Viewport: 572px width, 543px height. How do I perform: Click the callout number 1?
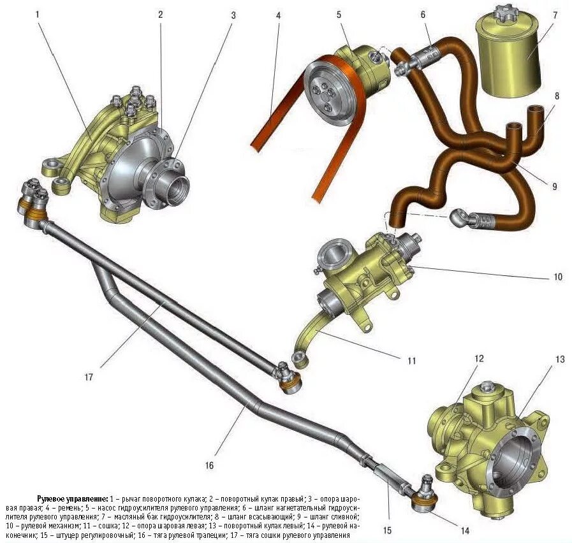[x=38, y=13]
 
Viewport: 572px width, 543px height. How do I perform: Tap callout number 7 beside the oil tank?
[x=555, y=14]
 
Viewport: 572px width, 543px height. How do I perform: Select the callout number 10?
[x=558, y=277]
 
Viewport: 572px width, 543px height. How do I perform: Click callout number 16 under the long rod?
[x=209, y=465]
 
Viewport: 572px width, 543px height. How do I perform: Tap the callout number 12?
[x=479, y=359]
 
